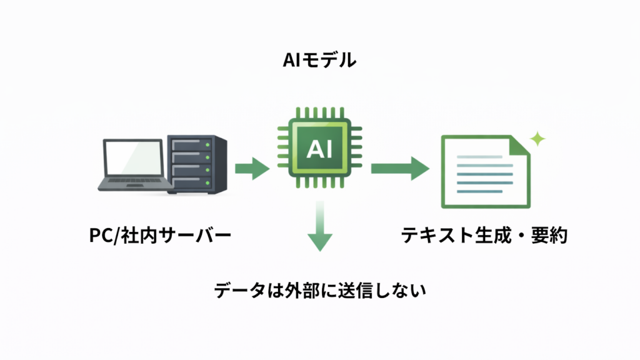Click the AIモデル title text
[319, 61]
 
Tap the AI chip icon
[319, 149]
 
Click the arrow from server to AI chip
[251, 168]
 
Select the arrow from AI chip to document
[399, 168]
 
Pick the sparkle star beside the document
[536, 139]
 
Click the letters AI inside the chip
[319, 149]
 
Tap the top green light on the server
[207, 145]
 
